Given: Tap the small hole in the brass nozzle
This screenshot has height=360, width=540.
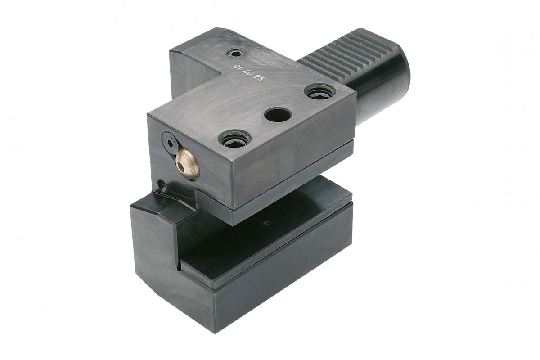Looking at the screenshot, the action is click(x=180, y=166).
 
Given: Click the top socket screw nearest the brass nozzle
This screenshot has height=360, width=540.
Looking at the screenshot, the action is click(x=234, y=139).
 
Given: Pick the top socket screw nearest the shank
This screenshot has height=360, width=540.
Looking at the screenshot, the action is click(x=319, y=92).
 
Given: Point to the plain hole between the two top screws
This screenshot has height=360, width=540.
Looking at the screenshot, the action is click(x=278, y=115).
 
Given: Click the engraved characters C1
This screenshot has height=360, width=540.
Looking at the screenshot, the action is click(x=237, y=67).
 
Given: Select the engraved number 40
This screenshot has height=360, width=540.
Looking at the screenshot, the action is click(x=248, y=72).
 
